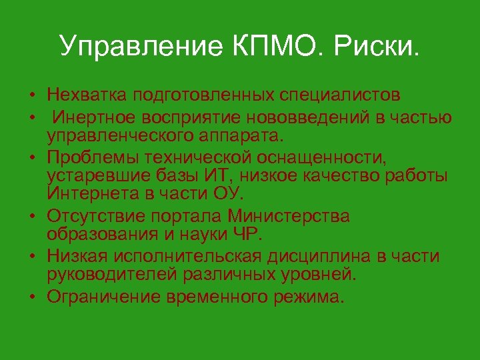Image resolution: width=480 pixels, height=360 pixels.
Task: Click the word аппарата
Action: (243, 136)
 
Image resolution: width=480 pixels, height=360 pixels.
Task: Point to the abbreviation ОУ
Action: (229, 193)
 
